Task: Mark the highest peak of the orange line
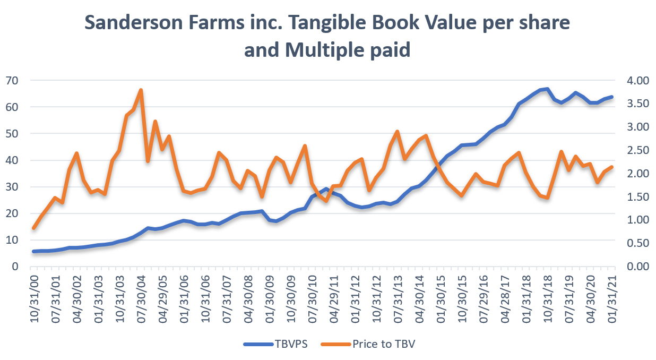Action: tap(141, 90)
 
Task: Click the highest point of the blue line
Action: tap(547, 89)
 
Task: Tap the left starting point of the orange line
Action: tap(33, 228)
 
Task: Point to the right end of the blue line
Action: tap(612, 97)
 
